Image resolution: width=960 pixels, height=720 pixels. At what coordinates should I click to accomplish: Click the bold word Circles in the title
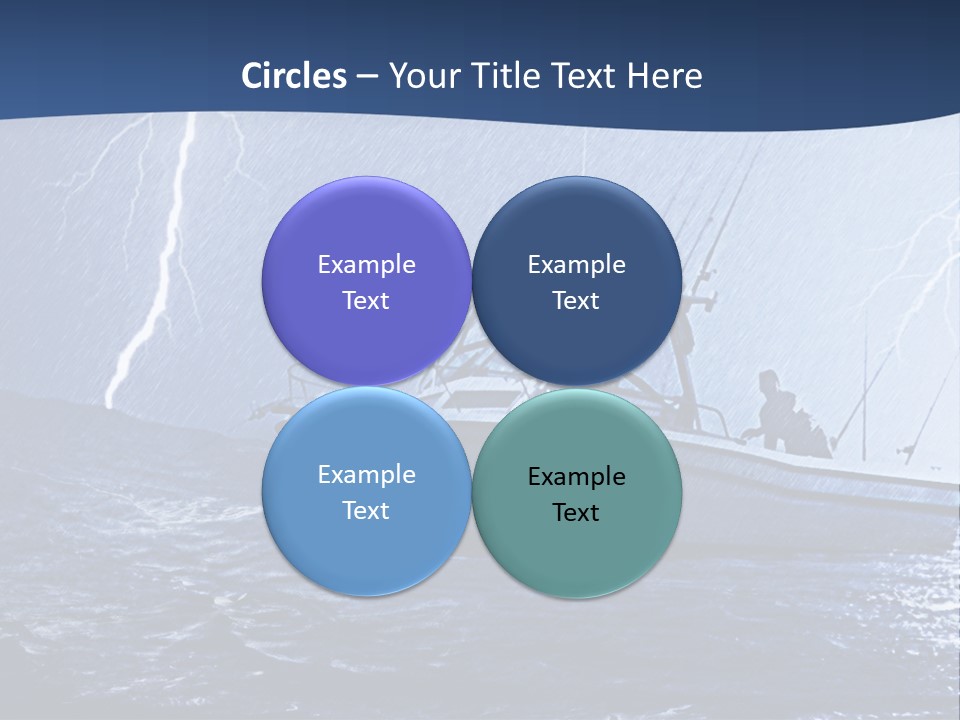pyautogui.click(x=294, y=76)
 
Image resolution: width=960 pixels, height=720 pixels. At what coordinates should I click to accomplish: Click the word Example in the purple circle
pyautogui.click(x=366, y=265)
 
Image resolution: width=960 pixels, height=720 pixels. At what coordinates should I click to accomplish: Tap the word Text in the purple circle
pyautogui.click(x=366, y=301)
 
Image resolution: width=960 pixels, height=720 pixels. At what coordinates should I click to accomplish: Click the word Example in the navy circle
pyautogui.click(x=576, y=265)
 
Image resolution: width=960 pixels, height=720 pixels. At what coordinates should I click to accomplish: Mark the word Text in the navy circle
pyautogui.click(x=576, y=301)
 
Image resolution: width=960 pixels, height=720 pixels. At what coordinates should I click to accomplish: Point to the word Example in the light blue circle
pyautogui.click(x=366, y=475)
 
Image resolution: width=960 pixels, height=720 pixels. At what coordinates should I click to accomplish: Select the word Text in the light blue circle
pyautogui.click(x=366, y=511)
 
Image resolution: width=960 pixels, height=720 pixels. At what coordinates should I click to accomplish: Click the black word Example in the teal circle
pyautogui.click(x=576, y=477)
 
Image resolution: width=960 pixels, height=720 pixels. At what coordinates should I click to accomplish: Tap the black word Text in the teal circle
pyautogui.click(x=576, y=513)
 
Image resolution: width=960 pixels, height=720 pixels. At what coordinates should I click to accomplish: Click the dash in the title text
pyautogui.click(x=367, y=77)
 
